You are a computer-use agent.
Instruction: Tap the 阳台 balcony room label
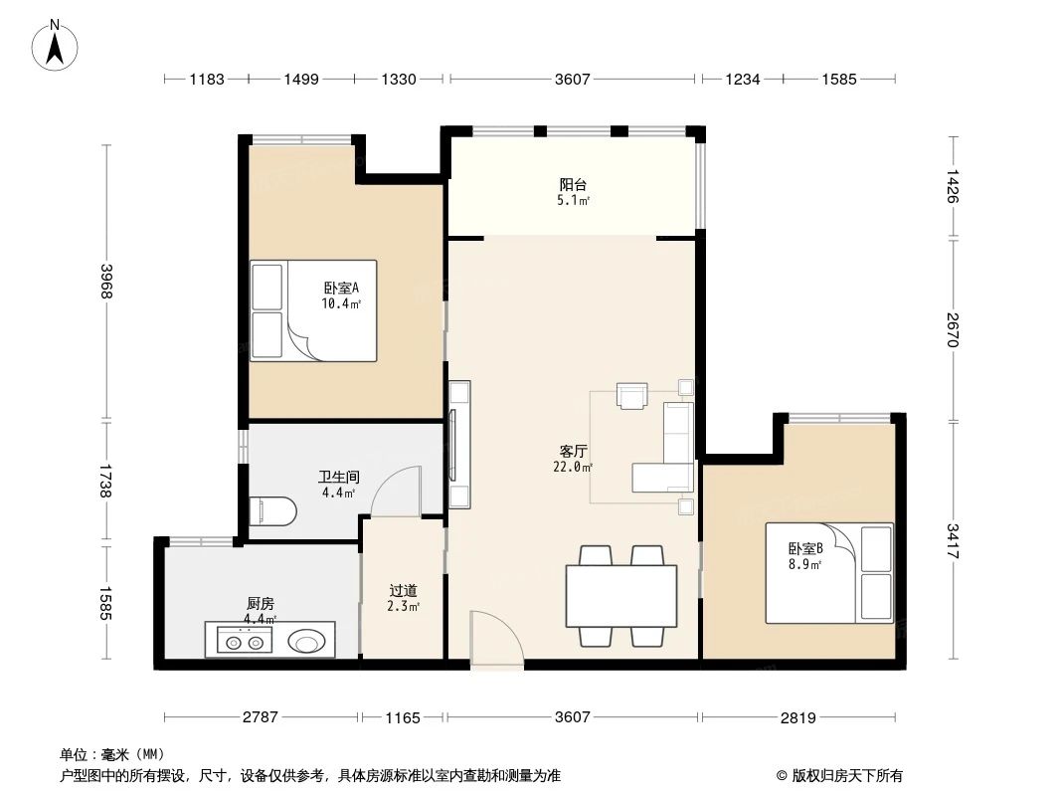tap(573, 185)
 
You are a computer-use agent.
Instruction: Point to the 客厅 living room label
tap(573, 451)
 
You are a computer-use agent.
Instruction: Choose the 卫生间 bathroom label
tap(338, 477)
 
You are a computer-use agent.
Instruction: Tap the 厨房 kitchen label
tap(261, 603)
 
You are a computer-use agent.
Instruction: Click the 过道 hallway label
tap(403, 590)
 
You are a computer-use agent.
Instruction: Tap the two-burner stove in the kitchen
tap(245, 643)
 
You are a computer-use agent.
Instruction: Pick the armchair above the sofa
tap(631, 395)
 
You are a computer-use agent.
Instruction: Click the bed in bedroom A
tap(313, 310)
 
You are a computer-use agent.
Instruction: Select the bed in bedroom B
tap(829, 573)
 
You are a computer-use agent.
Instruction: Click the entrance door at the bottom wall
tap(496, 642)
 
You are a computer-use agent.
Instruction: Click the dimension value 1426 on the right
tap(953, 187)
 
